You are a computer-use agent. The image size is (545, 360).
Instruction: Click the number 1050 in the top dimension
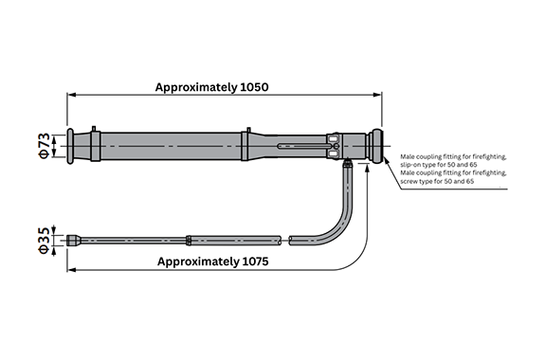(x=254, y=87)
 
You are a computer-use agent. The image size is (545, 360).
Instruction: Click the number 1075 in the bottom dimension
(x=254, y=261)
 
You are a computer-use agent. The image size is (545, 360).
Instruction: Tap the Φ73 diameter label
(x=45, y=146)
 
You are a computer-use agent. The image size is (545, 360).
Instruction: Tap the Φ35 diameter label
(x=45, y=241)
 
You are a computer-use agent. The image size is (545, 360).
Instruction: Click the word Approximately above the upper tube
(x=196, y=87)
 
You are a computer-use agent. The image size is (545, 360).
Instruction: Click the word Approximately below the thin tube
(x=197, y=262)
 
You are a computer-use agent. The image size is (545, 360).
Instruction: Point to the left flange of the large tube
(x=70, y=146)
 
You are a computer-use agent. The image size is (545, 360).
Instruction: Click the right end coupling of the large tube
(x=375, y=146)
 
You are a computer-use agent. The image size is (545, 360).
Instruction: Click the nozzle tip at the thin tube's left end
(x=74, y=241)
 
